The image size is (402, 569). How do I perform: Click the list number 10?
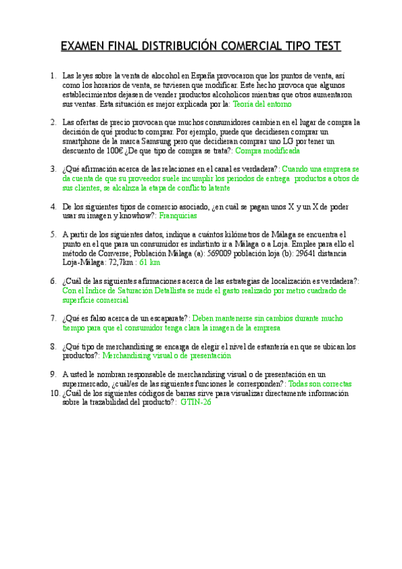(x=55, y=393)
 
